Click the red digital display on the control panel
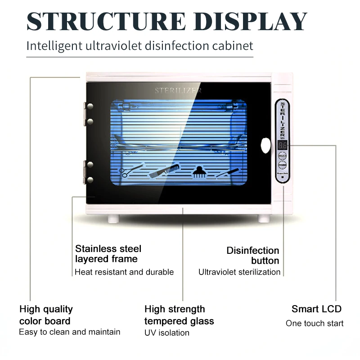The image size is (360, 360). coord(282,145)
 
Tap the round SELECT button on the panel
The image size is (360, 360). coord(282,156)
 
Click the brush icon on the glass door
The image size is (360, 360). coord(198,171)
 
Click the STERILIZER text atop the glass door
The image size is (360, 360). coord(178,91)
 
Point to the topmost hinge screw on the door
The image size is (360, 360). coord(90,107)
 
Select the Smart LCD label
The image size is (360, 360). coord(316,309)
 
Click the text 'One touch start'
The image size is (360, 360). coord(315,324)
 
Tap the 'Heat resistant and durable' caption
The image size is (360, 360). coord(124,272)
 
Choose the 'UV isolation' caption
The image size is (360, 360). coord(167,333)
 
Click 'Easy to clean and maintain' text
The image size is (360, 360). coord(70,332)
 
